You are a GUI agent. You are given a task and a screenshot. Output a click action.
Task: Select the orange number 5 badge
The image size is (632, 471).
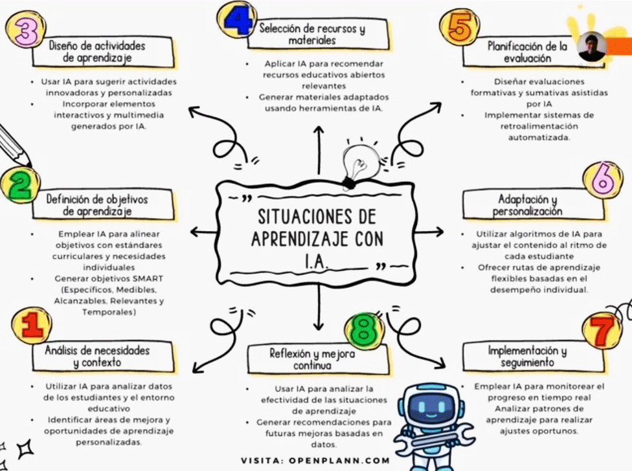[x=459, y=27]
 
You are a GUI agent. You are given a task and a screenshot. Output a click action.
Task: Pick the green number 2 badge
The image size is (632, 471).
[x=20, y=184]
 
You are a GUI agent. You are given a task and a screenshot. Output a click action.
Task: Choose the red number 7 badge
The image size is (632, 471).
[x=602, y=331]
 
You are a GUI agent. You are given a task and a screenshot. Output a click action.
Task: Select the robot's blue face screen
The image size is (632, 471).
[x=431, y=407]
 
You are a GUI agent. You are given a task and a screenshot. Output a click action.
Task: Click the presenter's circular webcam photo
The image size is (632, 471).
[x=591, y=47]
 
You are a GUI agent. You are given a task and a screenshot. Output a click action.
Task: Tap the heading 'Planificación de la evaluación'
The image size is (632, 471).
[x=527, y=52]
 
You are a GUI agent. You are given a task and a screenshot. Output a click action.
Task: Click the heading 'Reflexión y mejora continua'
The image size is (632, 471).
[x=312, y=360]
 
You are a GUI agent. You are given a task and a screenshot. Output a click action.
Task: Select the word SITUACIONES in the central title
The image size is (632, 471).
[x=317, y=217]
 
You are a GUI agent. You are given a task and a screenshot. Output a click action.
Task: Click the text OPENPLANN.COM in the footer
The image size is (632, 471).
[x=339, y=461]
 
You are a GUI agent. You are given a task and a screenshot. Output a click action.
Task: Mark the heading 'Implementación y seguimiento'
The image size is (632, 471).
[x=527, y=356]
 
